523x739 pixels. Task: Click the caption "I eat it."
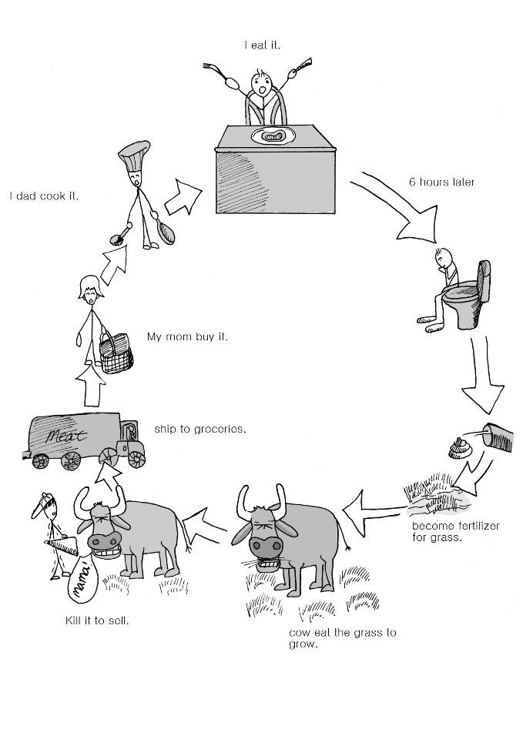pos(263,45)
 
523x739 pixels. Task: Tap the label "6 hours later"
pos(441,182)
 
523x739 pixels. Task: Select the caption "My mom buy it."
pos(187,336)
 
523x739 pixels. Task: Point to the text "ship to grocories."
pos(200,428)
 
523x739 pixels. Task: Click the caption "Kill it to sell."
pos(96,620)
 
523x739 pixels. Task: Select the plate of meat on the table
pos(273,136)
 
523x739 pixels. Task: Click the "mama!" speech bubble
pos(82,578)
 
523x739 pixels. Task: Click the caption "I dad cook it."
pos(44,196)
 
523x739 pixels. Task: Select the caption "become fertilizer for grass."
pos(454,530)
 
